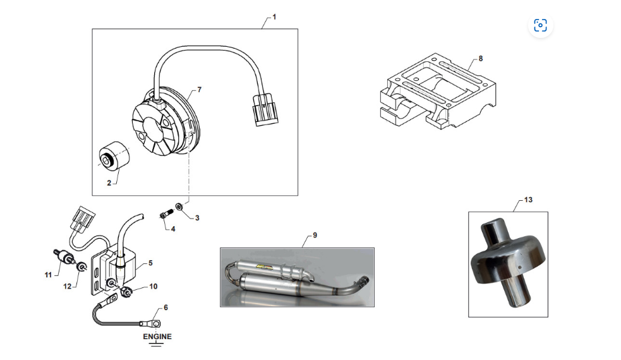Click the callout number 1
coord(274,18)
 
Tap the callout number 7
coord(199,90)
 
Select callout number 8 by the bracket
coord(480,59)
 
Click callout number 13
coord(528,200)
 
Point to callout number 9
coord(315,236)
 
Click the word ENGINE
coord(157,337)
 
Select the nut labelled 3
coord(179,207)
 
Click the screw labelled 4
coord(166,215)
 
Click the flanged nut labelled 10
coord(126,291)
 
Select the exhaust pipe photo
coord(297,277)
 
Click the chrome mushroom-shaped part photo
coord(508,263)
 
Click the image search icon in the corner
coord(540,25)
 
